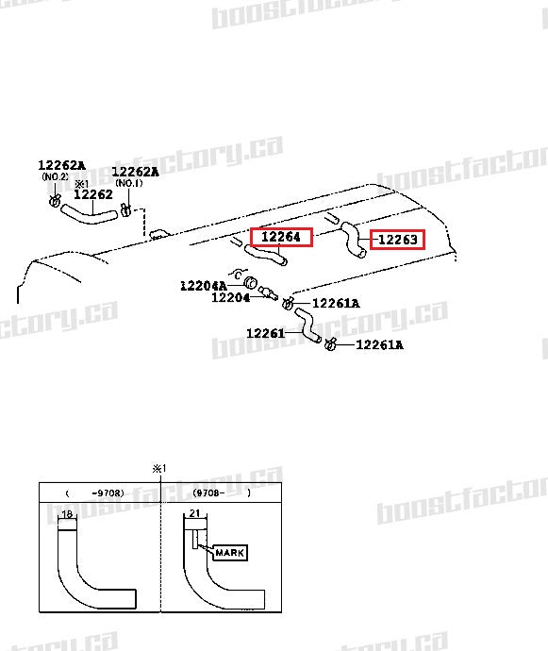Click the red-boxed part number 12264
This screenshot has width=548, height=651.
(280, 237)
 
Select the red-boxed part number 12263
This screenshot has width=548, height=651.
(396, 240)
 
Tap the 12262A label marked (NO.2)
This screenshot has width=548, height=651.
(61, 166)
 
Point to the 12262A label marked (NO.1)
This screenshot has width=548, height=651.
(135, 172)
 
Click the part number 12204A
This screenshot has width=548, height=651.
(204, 285)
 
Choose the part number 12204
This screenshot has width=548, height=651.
(230, 298)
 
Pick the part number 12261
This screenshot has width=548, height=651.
(266, 333)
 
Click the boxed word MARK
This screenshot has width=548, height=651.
(228, 553)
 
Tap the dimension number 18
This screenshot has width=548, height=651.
(66, 514)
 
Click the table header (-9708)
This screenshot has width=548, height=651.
(94, 492)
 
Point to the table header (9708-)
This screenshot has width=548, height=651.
(221, 492)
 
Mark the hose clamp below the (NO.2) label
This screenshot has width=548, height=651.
(55, 201)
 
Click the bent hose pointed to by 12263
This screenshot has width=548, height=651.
(353, 238)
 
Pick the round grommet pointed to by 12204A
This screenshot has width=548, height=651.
(252, 282)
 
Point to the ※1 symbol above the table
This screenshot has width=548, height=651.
(158, 469)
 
